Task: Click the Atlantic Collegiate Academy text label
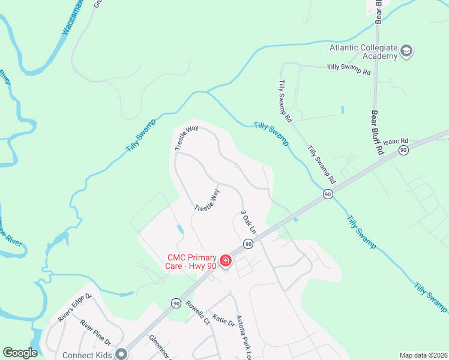[363, 52]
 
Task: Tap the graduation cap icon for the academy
[406, 51]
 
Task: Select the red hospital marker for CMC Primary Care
[226, 260]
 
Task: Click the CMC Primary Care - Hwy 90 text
[192, 262]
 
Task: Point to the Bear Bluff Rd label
[376, 133]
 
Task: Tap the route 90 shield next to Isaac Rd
[403, 149]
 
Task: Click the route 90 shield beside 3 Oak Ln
[247, 244]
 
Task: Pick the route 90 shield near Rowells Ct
[176, 304]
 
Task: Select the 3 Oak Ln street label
[248, 222]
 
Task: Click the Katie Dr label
[223, 322]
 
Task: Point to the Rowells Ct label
[197, 312]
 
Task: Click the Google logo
[20, 353]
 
